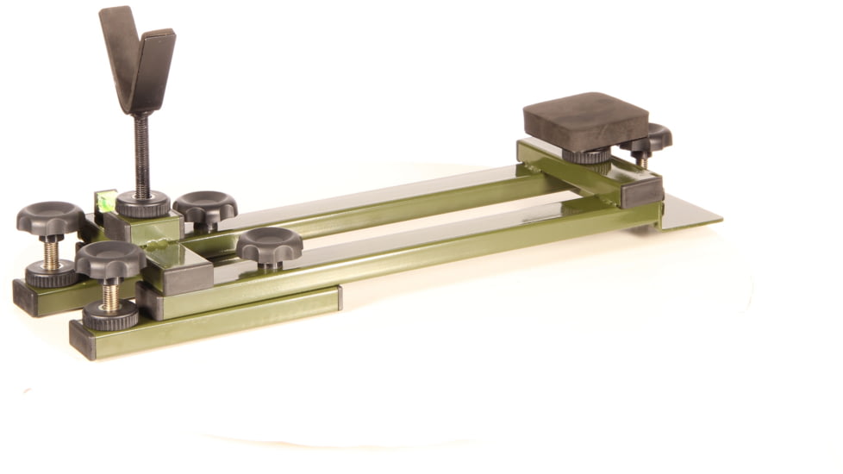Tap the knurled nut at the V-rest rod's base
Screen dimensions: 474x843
[143, 204]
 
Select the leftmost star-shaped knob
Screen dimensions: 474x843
[50, 219]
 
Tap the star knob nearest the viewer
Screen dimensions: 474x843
[110, 259]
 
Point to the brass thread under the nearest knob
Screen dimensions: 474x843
[111, 295]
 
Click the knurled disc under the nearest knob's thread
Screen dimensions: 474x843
[110, 316]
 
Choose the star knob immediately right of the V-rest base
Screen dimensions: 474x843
[205, 207]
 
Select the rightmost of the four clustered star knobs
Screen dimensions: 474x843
[270, 244]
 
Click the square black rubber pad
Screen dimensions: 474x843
[586, 121]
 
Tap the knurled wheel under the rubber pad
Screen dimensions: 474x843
[587, 156]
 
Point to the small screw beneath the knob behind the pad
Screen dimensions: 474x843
[642, 160]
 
